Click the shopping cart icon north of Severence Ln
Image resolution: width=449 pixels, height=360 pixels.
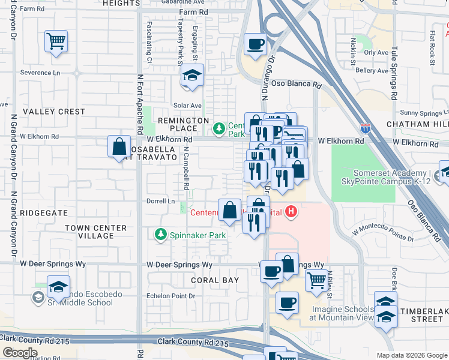pos(56,42)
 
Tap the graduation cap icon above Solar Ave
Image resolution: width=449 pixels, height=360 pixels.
pos(192,76)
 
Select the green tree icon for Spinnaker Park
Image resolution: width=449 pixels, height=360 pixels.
pos(160,235)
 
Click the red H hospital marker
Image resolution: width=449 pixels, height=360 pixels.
pos(291,212)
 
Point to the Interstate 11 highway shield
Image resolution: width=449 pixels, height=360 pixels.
pos(366,128)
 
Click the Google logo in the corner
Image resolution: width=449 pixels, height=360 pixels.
pos(20,353)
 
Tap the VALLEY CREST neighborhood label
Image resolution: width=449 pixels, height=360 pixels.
pos(54,112)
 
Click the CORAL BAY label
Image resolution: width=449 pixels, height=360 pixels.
pos(215,280)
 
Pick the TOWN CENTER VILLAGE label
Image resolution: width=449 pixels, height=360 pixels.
pos(96,232)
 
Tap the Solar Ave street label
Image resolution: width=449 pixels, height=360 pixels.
pos(187,106)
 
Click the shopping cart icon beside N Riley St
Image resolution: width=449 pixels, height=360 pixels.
pos(316,279)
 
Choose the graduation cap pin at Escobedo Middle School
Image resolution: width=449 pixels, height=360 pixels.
pos(58,287)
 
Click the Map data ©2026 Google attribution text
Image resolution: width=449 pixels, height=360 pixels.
pos(411,355)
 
